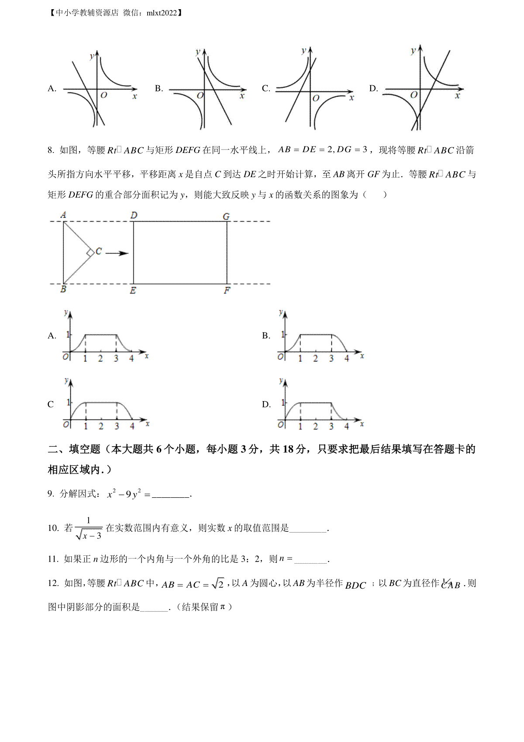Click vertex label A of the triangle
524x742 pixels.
(64, 215)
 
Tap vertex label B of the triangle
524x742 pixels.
(63, 289)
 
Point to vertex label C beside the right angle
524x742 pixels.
(99, 251)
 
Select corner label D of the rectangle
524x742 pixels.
(134, 215)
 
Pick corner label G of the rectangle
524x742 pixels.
(226, 216)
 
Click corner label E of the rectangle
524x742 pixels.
(133, 291)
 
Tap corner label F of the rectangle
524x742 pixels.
(227, 291)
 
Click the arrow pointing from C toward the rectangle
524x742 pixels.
(117, 253)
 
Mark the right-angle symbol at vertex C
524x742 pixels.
(90, 253)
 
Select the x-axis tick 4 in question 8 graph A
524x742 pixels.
(131, 359)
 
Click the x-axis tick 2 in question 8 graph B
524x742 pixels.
(316, 359)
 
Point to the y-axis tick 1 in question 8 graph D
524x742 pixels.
(283, 402)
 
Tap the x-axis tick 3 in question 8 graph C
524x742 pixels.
(117, 426)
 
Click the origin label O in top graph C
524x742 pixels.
(316, 98)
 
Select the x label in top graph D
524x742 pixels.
(457, 95)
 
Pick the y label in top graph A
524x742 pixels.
(91, 56)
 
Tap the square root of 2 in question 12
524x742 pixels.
(217, 583)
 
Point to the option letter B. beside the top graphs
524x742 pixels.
(159, 89)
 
